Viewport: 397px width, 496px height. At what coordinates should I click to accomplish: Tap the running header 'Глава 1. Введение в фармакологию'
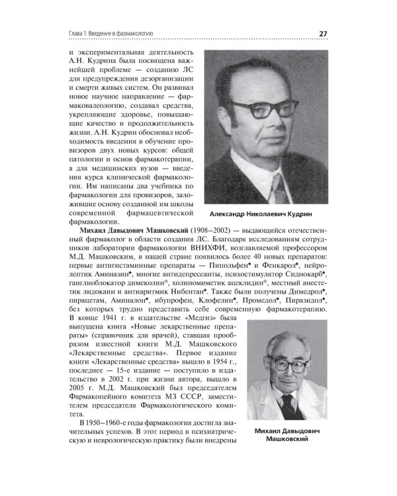click(x=112, y=34)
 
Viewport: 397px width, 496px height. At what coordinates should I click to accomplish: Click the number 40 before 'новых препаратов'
click(x=261, y=261)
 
